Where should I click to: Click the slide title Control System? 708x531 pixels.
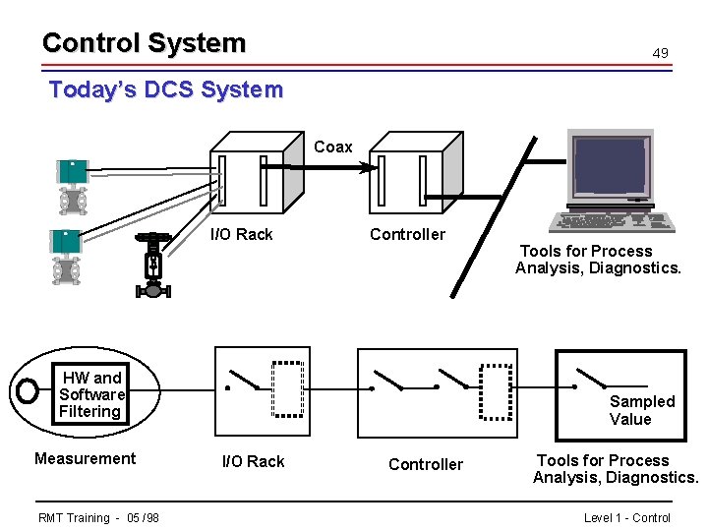(x=144, y=43)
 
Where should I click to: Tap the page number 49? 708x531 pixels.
(x=661, y=53)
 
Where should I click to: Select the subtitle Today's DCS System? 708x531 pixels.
(x=165, y=90)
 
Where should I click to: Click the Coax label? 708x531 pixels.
(x=332, y=147)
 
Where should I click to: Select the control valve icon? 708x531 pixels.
(x=152, y=265)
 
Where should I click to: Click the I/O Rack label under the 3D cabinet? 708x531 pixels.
(x=242, y=234)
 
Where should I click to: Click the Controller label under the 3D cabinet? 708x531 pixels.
(x=407, y=234)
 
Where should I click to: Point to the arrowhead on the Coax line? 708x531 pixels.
(x=368, y=168)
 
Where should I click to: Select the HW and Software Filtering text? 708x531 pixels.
(x=91, y=394)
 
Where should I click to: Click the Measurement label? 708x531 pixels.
(x=85, y=458)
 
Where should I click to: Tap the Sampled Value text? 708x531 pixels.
(x=642, y=410)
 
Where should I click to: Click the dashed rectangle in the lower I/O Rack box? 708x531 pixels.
(x=288, y=389)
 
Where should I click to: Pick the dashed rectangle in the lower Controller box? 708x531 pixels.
(x=497, y=389)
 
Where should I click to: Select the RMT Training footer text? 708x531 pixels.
(x=98, y=518)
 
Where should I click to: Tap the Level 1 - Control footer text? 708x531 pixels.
(x=626, y=518)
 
